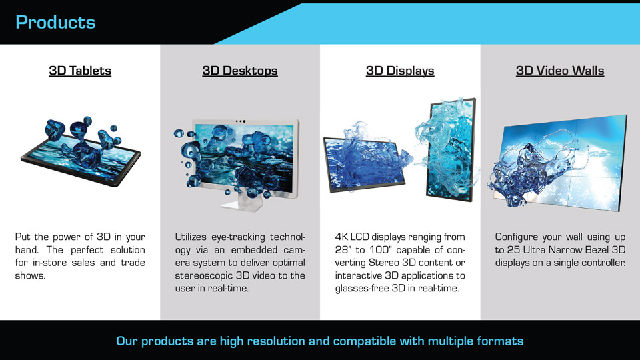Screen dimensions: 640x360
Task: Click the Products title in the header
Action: point(55,23)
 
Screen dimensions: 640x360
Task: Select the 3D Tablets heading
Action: point(80,71)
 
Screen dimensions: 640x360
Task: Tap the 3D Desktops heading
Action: point(240,71)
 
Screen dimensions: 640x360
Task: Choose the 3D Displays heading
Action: point(400,71)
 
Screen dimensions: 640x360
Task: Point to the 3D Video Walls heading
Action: point(560,71)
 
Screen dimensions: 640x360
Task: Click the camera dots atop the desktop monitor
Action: point(241,121)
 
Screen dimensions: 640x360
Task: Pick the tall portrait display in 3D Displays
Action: point(451,149)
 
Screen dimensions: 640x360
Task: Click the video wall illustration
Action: point(559,163)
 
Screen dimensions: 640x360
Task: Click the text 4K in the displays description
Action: point(341,237)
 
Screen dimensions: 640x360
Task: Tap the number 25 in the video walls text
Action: point(513,250)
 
